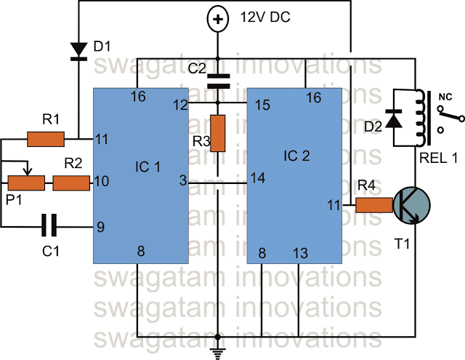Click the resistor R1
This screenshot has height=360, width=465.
coord(46,137)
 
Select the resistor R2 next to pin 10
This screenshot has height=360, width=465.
coord(70,183)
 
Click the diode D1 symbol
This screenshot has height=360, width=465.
coord(78,50)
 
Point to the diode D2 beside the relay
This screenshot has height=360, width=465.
coord(396,119)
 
